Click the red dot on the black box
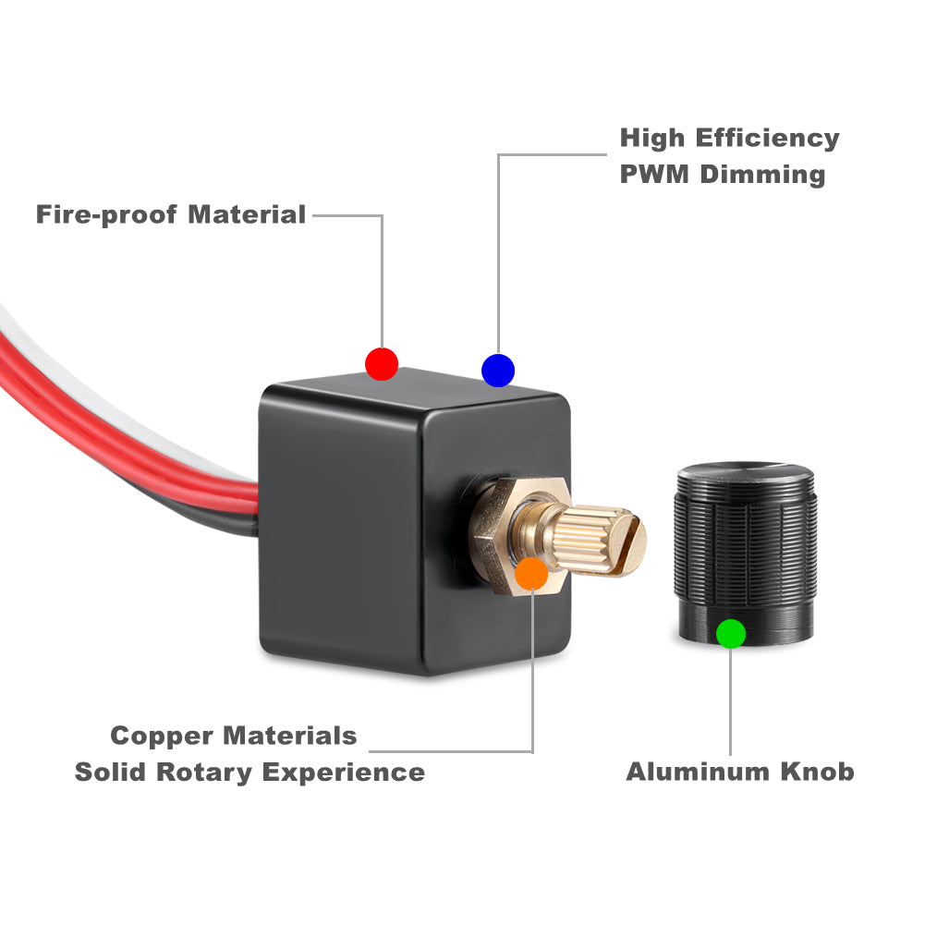(x=382, y=363)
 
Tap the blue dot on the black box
(x=498, y=370)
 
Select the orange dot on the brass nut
(x=531, y=573)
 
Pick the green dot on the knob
(x=731, y=633)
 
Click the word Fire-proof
(x=107, y=215)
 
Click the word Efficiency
(x=767, y=139)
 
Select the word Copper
(x=162, y=736)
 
